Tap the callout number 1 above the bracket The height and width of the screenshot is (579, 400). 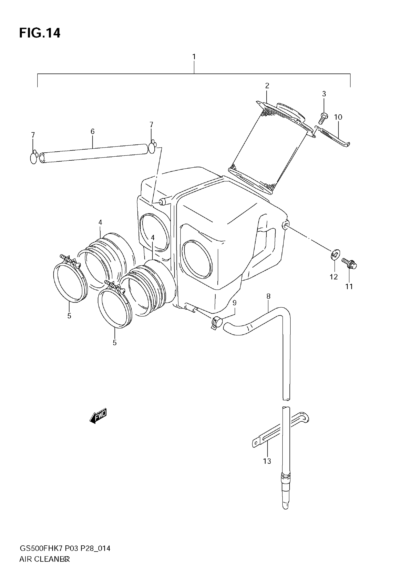194,57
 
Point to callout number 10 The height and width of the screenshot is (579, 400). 338,117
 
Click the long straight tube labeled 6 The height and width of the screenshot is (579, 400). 93,153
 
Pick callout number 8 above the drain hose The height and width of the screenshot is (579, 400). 268,296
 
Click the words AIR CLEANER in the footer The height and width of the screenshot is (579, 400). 44,559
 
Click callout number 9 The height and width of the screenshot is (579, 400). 234,303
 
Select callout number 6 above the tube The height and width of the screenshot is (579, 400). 92,131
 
